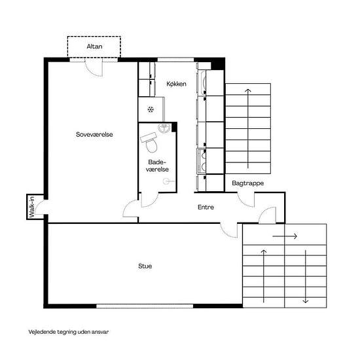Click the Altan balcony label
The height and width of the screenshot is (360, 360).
pyautogui.click(x=94, y=46)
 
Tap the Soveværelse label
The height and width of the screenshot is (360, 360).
pyautogui.click(x=94, y=134)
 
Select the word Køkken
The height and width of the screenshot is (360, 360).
pyautogui.click(x=176, y=84)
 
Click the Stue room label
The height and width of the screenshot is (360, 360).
pyautogui.click(x=145, y=266)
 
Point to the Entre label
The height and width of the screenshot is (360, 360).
pyautogui.click(x=206, y=207)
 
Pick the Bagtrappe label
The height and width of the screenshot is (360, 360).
pyautogui.click(x=247, y=183)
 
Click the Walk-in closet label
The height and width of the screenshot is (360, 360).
pyautogui.click(x=31, y=207)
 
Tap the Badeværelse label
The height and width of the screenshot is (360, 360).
pyautogui.click(x=157, y=166)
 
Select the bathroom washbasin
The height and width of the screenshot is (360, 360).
pyautogui.click(x=164, y=128)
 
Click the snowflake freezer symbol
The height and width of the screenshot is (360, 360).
pyautogui.click(x=151, y=109)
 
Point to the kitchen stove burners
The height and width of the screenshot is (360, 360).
pyautogui.click(x=204, y=161)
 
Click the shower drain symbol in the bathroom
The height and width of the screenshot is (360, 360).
pyautogui.click(x=166, y=181)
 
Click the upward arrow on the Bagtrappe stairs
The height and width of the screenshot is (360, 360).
pyautogui.click(x=247, y=128)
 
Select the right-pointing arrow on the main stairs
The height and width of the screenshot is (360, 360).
pyautogui.click(x=285, y=236)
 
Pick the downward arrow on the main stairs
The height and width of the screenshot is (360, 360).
pyautogui.click(x=306, y=276)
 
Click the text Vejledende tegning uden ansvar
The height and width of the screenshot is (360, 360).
pyautogui.click(x=69, y=332)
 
